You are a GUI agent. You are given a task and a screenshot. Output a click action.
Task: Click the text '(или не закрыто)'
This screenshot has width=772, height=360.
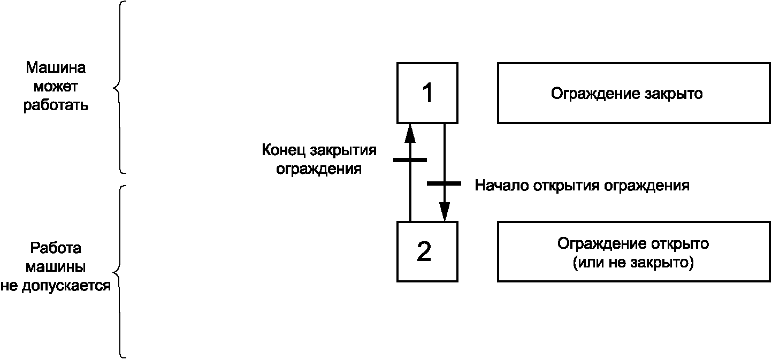[633, 263]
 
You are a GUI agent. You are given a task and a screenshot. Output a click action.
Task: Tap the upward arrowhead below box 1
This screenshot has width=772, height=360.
[410, 133]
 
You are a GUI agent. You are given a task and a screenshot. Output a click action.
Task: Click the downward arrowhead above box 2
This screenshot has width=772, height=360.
[444, 211]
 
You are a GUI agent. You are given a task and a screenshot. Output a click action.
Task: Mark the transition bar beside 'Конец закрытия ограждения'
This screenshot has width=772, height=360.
[410, 160]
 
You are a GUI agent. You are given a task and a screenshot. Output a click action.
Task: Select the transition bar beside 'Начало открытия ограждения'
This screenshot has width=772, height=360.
[444, 183]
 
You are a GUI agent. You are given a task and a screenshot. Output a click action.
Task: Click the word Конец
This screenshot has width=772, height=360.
[284, 150]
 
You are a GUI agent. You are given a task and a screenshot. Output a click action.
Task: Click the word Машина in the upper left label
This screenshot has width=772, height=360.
[56, 67]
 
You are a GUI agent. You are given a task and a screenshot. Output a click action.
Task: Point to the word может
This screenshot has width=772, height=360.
[56, 87]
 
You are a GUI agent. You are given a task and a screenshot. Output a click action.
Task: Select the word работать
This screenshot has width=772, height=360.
[56, 105]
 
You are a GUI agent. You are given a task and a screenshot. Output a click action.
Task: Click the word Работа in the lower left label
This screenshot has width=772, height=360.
[56, 248]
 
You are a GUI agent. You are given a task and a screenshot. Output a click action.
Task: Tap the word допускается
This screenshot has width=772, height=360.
[66, 286]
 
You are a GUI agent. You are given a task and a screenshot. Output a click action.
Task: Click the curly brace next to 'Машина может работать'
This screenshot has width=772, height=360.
[119, 88]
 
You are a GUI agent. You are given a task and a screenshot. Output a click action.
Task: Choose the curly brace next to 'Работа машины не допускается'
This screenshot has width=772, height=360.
[119, 272]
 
